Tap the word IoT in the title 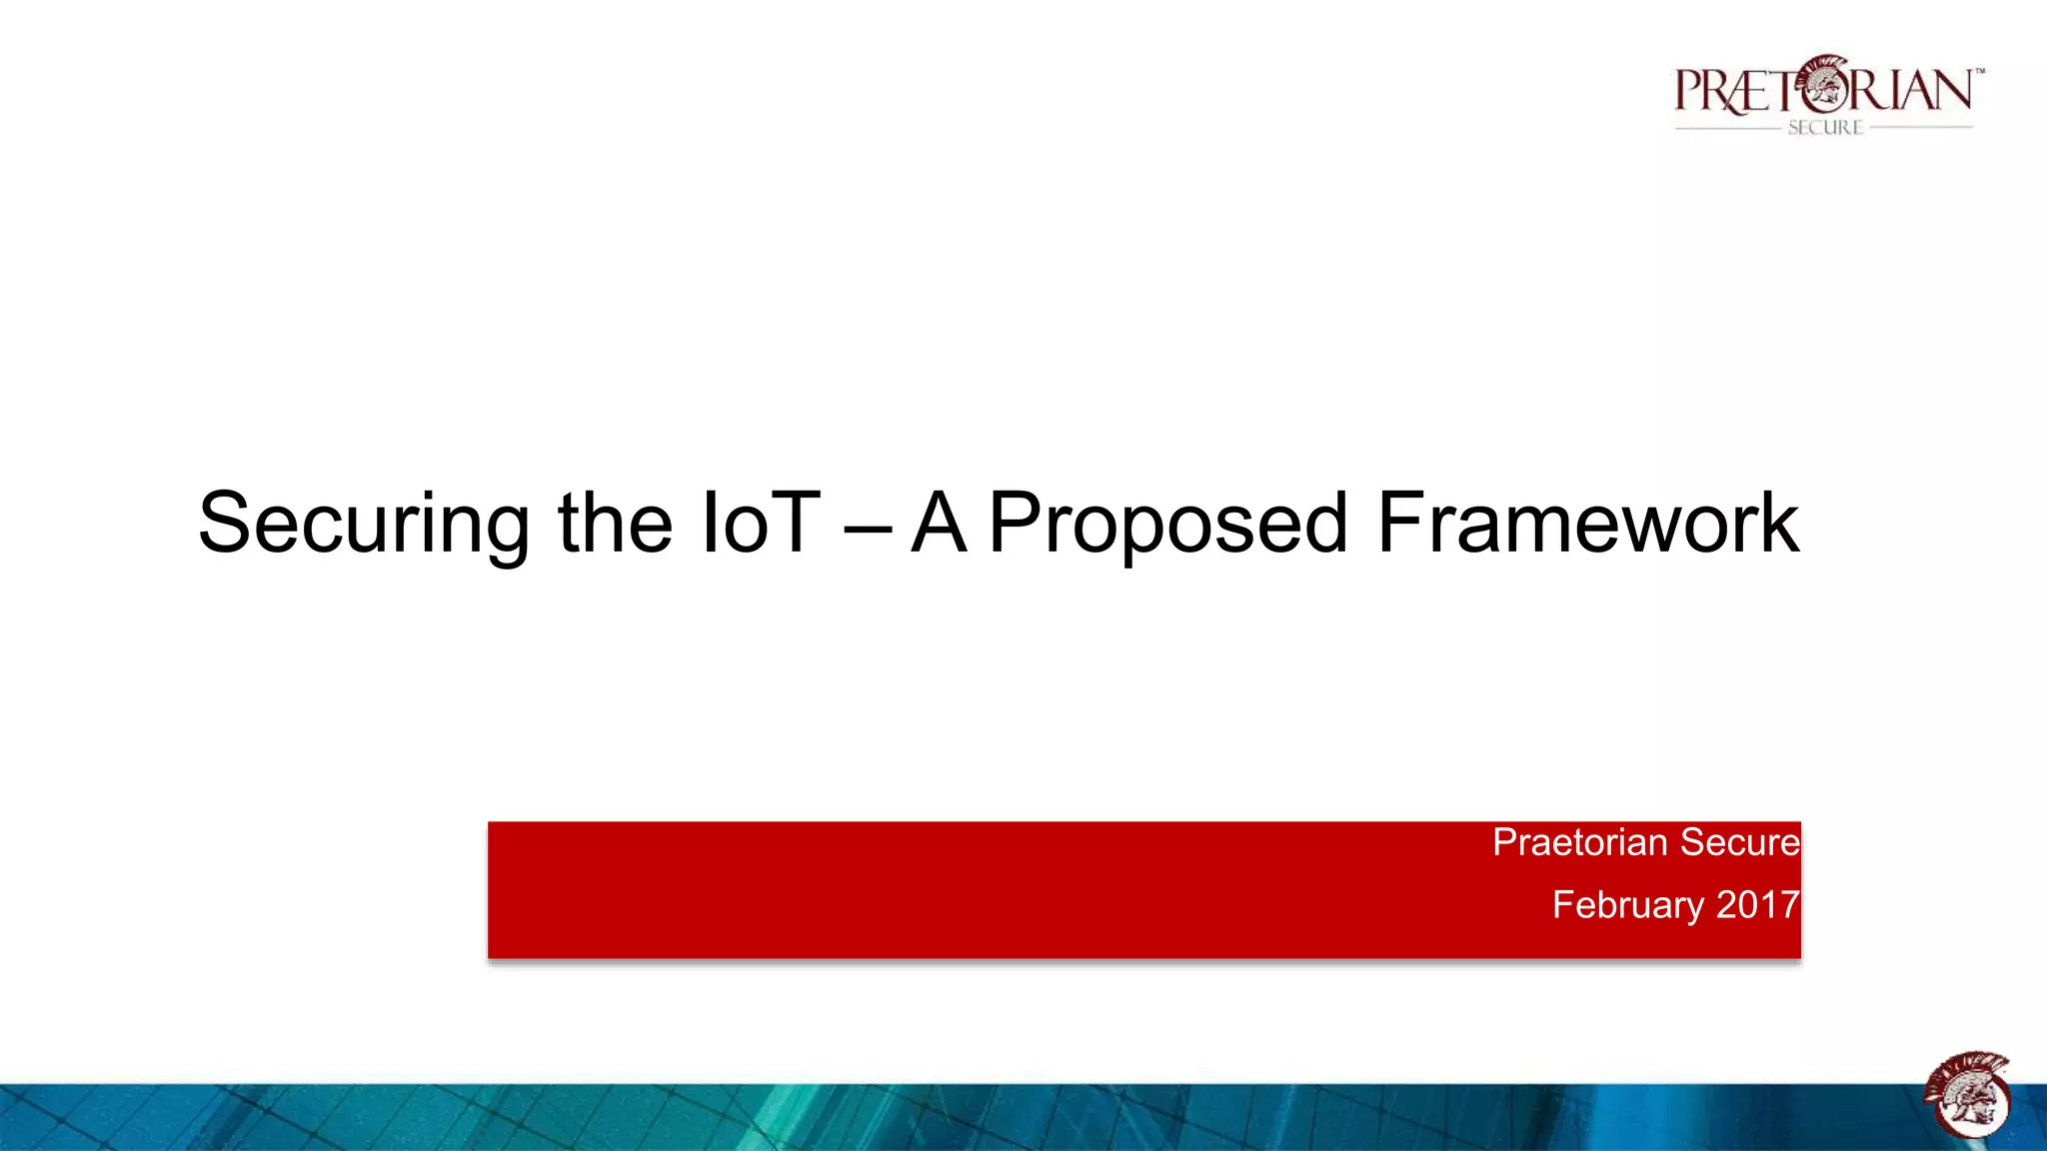click(760, 523)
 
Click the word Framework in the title click(1587, 523)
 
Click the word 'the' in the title click(615, 523)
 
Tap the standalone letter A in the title click(940, 523)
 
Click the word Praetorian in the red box click(1579, 842)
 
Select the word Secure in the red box click(1740, 842)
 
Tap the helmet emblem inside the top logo click(1826, 85)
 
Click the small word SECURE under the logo click(1825, 128)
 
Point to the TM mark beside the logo click(1979, 72)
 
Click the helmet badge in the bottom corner click(1967, 1095)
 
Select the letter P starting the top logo click(1690, 90)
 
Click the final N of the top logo click(1950, 90)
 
